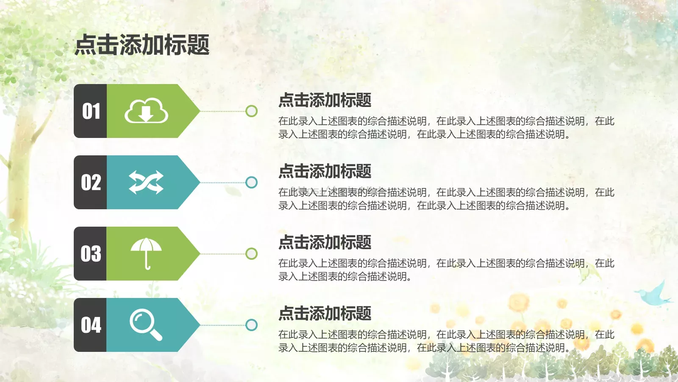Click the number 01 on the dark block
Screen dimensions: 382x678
coord(91,111)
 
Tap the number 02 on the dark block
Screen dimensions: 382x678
coord(91,183)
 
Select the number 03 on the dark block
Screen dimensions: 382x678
coord(91,254)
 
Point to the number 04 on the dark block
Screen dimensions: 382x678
coord(91,325)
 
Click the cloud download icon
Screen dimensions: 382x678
coord(146,111)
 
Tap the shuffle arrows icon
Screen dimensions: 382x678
coord(146,183)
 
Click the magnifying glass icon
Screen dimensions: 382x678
coord(146,325)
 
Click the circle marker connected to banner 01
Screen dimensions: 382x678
coord(252,111)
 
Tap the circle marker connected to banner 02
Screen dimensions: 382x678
coord(252,183)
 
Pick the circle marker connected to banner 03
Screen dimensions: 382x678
coord(252,254)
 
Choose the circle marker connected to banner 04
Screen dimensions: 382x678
coord(252,325)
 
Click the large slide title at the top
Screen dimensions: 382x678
coord(142,45)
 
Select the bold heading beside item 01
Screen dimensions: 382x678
coord(325,100)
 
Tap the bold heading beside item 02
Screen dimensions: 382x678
coord(325,171)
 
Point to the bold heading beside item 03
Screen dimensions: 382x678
coord(325,242)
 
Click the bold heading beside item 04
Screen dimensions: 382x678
coord(325,314)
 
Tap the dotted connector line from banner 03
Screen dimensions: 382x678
coord(222,254)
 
